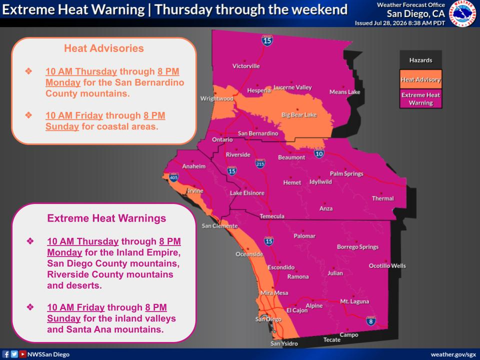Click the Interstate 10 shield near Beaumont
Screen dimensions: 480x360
pyautogui.click(x=319, y=153)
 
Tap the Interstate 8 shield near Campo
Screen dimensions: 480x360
pyautogui.click(x=370, y=321)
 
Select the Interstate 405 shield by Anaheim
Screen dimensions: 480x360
pyautogui.click(x=173, y=177)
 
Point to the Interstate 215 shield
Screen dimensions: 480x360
pyautogui.click(x=260, y=163)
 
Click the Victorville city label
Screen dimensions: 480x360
pyautogui.click(x=246, y=66)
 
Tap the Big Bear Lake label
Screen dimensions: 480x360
pyautogui.click(x=299, y=115)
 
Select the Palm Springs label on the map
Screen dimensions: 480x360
pyautogui.click(x=346, y=173)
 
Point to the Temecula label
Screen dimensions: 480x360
pyautogui.click(x=272, y=216)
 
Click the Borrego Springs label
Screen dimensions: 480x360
pyautogui.click(x=357, y=246)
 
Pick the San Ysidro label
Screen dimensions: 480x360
pyautogui.click(x=284, y=343)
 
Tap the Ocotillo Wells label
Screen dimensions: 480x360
pyautogui.click(x=387, y=265)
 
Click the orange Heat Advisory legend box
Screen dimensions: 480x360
pyautogui.click(x=421, y=79)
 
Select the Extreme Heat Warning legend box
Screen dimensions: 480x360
pyautogui.click(x=421, y=98)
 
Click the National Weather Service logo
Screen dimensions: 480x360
pyautogui.click(x=462, y=13)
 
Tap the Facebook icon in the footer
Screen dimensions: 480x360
pyautogui.click(x=6, y=354)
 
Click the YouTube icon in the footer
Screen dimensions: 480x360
pyautogui.click(x=22, y=354)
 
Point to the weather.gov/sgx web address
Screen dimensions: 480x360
pyautogui.click(x=453, y=354)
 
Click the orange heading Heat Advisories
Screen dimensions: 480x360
pyautogui.click(x=104, y=48)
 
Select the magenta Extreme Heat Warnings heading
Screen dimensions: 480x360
pyautogui.click(x=106, y=218)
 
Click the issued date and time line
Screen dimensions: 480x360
pyautogui.click(x=400, y=23)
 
